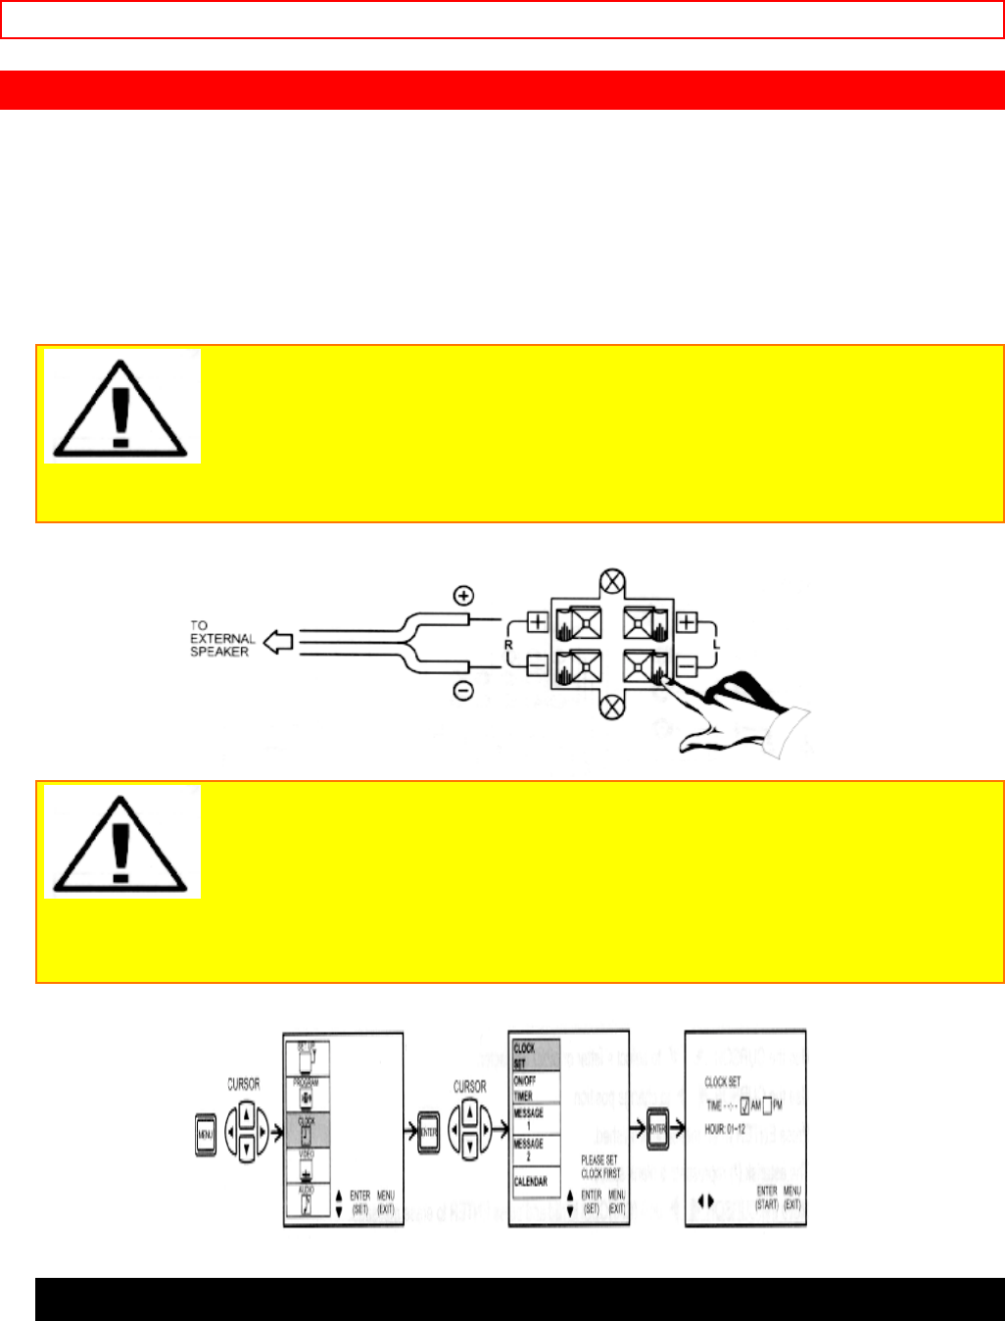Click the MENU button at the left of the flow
(206, 1134)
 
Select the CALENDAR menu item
(531, 1182)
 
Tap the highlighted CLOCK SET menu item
(535, 1054)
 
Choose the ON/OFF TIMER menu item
(535, 1088)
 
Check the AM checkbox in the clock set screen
(745, 1105)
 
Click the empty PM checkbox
(769, 1105)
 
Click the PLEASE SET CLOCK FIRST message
(600, 1166)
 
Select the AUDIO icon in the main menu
(308, 1201)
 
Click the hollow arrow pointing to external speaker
(279, 643)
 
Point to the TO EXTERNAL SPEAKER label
(221, 638)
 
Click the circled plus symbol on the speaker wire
(463, 595)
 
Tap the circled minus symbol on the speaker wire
(463, 691)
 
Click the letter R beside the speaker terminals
(508, 646)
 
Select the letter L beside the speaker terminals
(716, 646)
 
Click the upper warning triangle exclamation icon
(121, 406)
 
